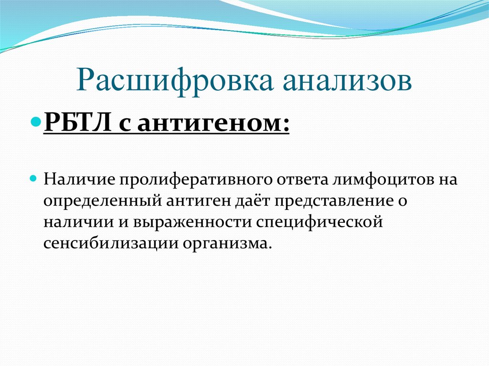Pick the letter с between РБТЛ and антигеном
point(127,124)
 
